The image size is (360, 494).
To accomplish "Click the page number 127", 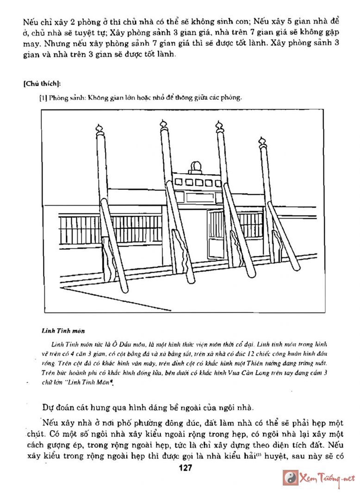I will (185, 468).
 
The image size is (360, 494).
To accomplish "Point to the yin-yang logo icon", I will (291, 477).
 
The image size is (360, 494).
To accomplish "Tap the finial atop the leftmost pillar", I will (99, 129).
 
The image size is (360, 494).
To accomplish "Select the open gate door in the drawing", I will (215, 234).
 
